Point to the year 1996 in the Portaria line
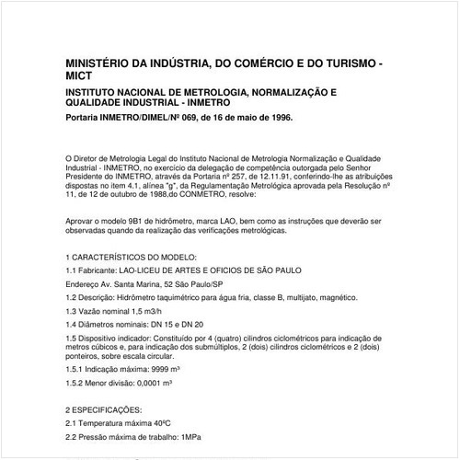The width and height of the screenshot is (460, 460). pos(279,119)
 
